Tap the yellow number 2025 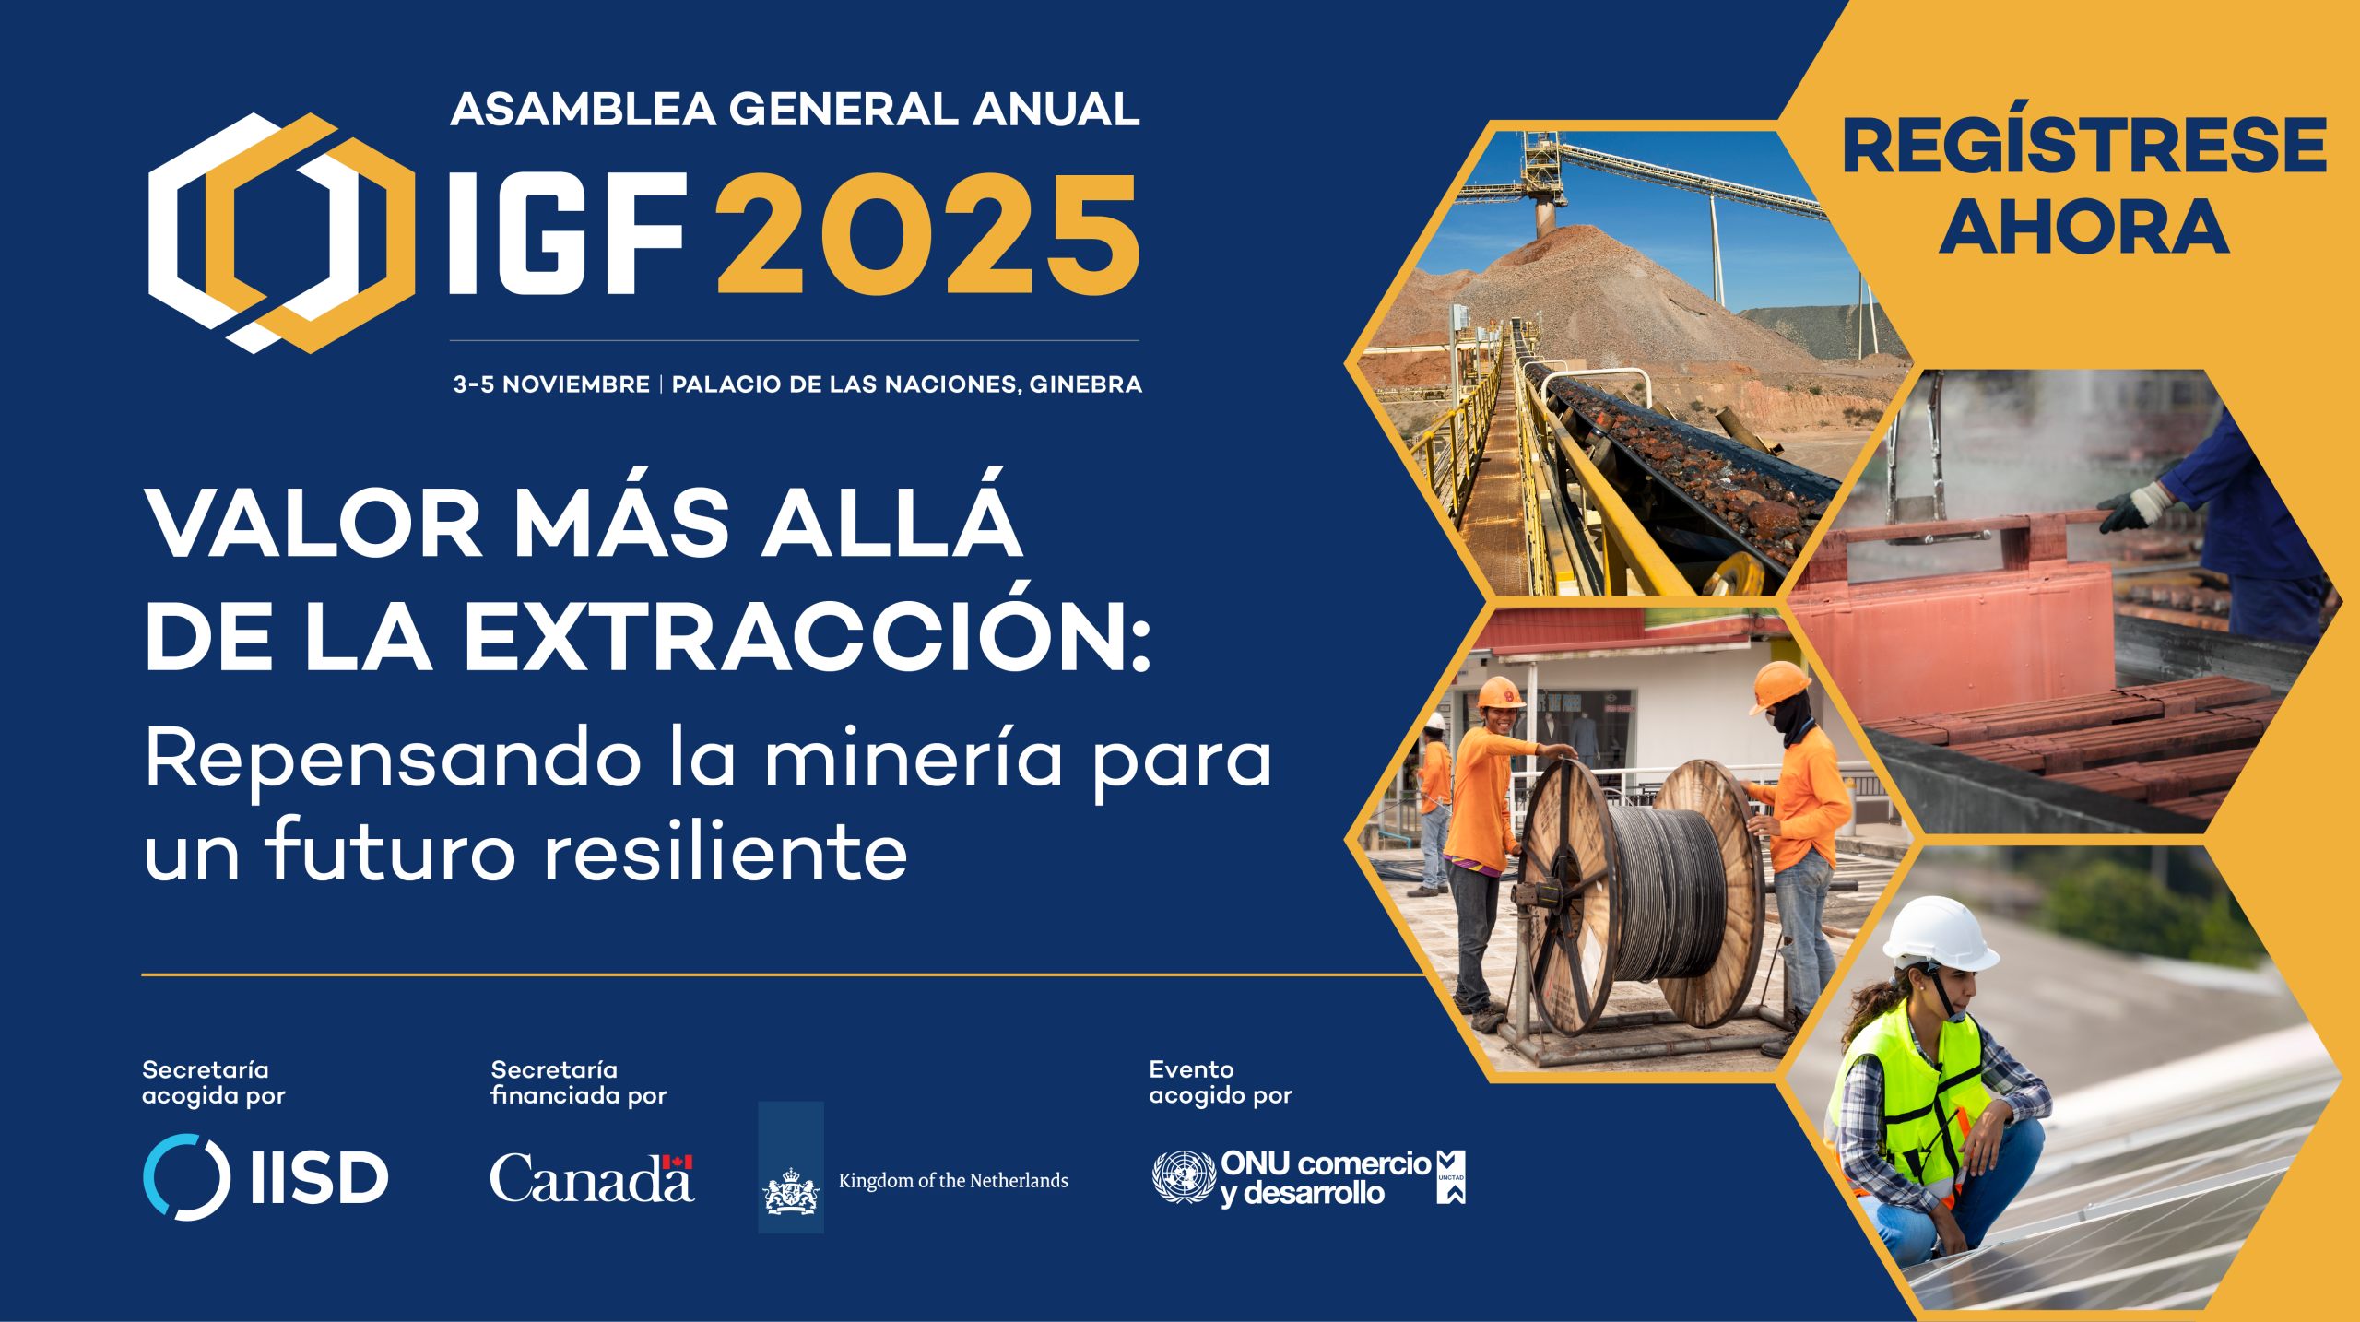point(928,234)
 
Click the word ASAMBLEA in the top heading point(583,109)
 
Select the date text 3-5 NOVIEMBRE point(551,384)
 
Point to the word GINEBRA point(1085,384)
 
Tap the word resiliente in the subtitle point(726,851)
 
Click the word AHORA point(2084,227)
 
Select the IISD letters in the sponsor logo point(319,1177)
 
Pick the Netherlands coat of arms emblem point(790,1190)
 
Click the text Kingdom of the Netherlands point(953,1180)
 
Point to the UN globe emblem point(1184,1176)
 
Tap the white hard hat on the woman point(1939,933)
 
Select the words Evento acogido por point(1220,1082)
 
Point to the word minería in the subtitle point(914,758)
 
